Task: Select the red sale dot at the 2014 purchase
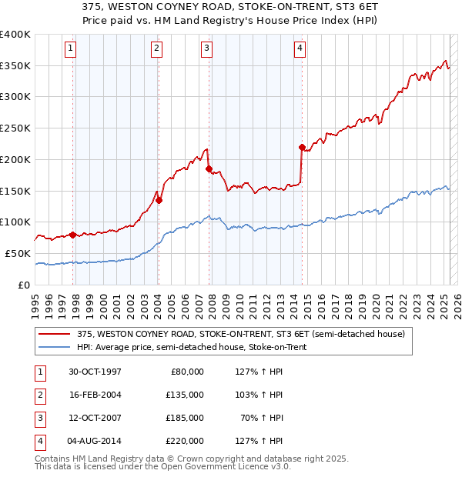coord(302,147)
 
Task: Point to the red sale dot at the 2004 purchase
coord(159,200)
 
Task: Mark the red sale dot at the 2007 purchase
coord(209,168)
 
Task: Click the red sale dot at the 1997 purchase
coord(73,235)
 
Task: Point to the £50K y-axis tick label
coord(18,253)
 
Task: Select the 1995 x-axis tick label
coord(35,304)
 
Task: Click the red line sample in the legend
coord(55,334)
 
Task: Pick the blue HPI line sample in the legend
coord(55,348)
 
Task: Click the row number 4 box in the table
coord(39,441)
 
